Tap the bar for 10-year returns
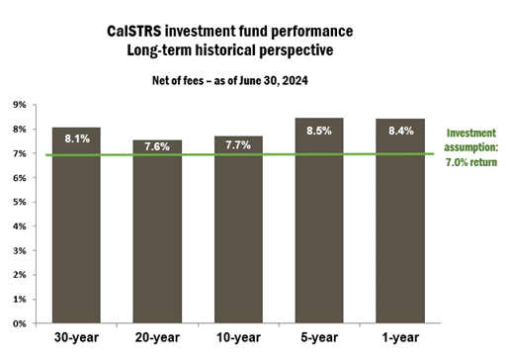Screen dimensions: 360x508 tap(238, 237)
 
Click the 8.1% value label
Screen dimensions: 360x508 tap(76, 139)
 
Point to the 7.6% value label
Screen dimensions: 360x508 tap(157, 147)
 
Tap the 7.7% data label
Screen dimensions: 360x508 tap(238, 144)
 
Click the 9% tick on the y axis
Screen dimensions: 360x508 tap(20, 104)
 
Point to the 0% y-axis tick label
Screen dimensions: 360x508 tap(20, 322)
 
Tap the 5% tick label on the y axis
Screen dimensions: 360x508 tap(20, 201)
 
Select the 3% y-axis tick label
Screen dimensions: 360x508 tap(20, 249)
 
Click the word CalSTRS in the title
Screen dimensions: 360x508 tap(136, 31)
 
